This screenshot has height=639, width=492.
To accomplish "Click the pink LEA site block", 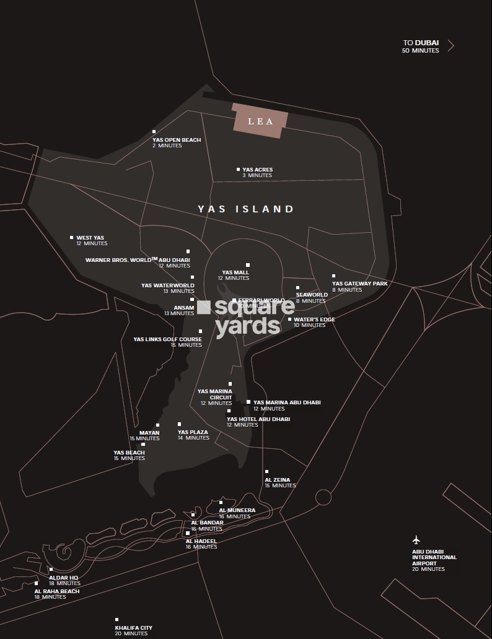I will tap(260, 121).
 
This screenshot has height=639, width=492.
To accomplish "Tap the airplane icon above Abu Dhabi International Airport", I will tap(416, 539).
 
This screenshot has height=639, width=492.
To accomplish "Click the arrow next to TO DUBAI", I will tap(450, 46).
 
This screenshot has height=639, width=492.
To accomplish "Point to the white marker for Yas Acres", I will tap(238, 169).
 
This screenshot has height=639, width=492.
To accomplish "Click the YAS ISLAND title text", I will tap(246, 209).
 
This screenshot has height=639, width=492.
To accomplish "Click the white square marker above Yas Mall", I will tap(248, 265).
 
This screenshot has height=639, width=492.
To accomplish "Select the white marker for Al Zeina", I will tap(266, 472).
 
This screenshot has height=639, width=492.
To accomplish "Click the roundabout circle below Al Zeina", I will tap(323, 497).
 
